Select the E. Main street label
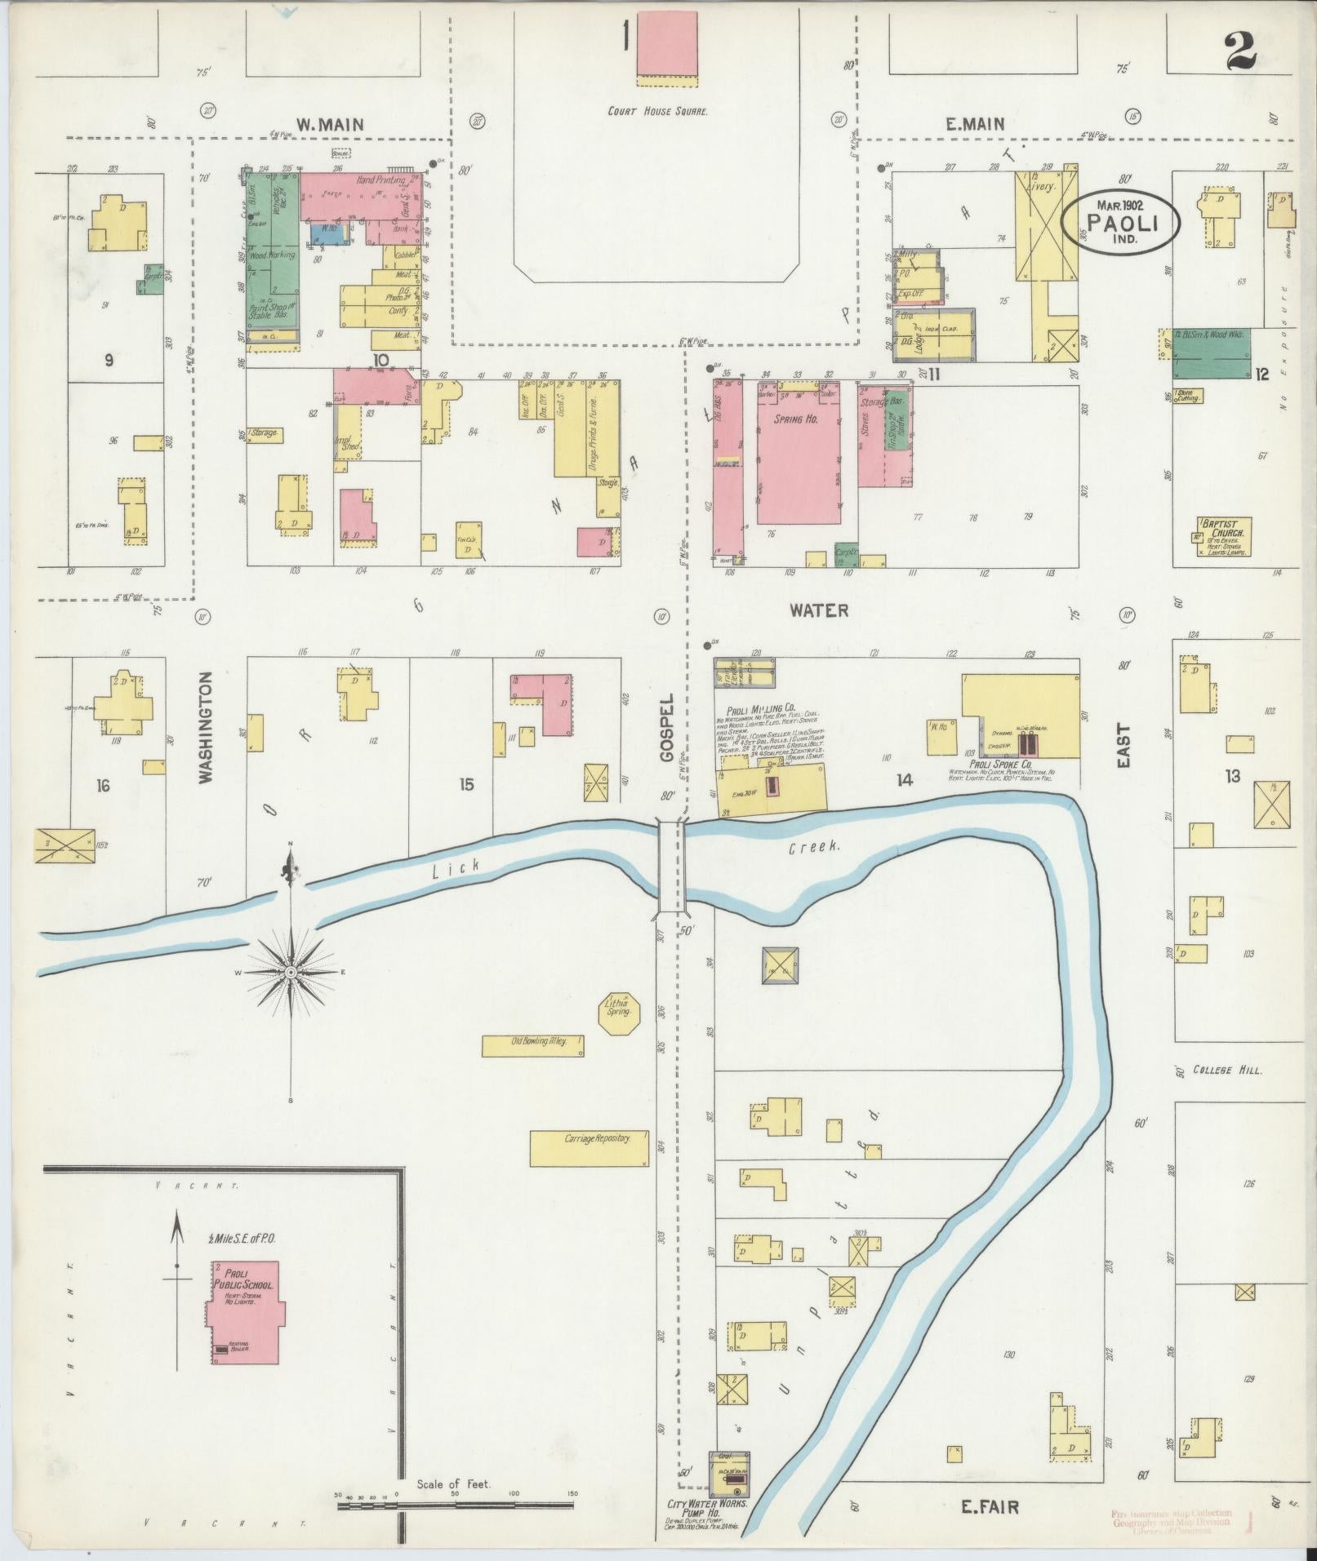[975, 124]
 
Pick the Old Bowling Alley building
[533, 1046]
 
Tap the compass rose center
[291, 973]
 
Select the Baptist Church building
[1222, 536]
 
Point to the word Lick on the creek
[447, 871]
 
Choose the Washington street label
[206, 727]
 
